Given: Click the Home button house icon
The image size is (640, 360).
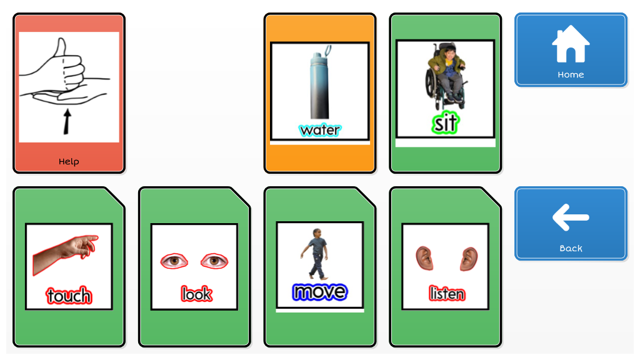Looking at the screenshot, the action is [571, 44].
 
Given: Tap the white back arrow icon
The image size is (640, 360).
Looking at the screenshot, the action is [571, 217].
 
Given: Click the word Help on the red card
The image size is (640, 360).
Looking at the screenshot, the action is [69, 162].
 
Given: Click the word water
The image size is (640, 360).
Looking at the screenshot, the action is [319, 130].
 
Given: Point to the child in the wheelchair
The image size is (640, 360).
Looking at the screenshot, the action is [446, 76].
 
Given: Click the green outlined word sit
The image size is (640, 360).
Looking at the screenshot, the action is [445, 123].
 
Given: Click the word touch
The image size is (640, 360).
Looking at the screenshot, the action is [69, 296].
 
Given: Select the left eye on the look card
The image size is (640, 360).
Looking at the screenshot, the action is [174, 261].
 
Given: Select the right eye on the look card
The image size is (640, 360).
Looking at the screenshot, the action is [214, 261].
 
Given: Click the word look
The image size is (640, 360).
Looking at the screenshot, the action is [196, 294].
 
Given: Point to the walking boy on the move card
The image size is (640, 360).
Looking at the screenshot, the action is [314, 254].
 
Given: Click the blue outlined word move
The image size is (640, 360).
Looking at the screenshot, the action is [319, 292].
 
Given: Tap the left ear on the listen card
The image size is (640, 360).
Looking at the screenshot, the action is [424, 258].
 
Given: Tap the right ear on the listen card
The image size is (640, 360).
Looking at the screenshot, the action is [469, 259].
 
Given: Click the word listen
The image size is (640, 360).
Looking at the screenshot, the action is [447, 294].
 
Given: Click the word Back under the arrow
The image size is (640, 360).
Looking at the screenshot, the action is [571, 249].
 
